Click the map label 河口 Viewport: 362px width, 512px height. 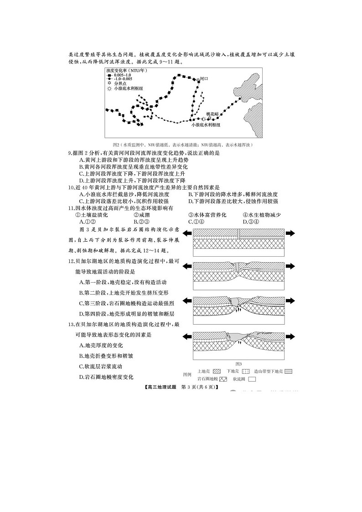tap(204, 79)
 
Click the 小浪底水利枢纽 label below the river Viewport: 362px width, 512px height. tap(206, 124)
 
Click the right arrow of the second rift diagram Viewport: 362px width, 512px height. tap(290, 267)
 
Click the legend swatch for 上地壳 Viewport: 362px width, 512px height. tap(217, 372)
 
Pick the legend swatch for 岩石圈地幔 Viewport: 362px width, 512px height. tap(223, 379)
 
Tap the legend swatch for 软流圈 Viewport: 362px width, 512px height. tap(252, 379)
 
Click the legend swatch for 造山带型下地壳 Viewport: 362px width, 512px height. tap(288, 372)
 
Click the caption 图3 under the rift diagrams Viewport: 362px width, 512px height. tap(238, 364)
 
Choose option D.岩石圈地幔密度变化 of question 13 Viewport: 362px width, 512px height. tap(106, 377)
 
